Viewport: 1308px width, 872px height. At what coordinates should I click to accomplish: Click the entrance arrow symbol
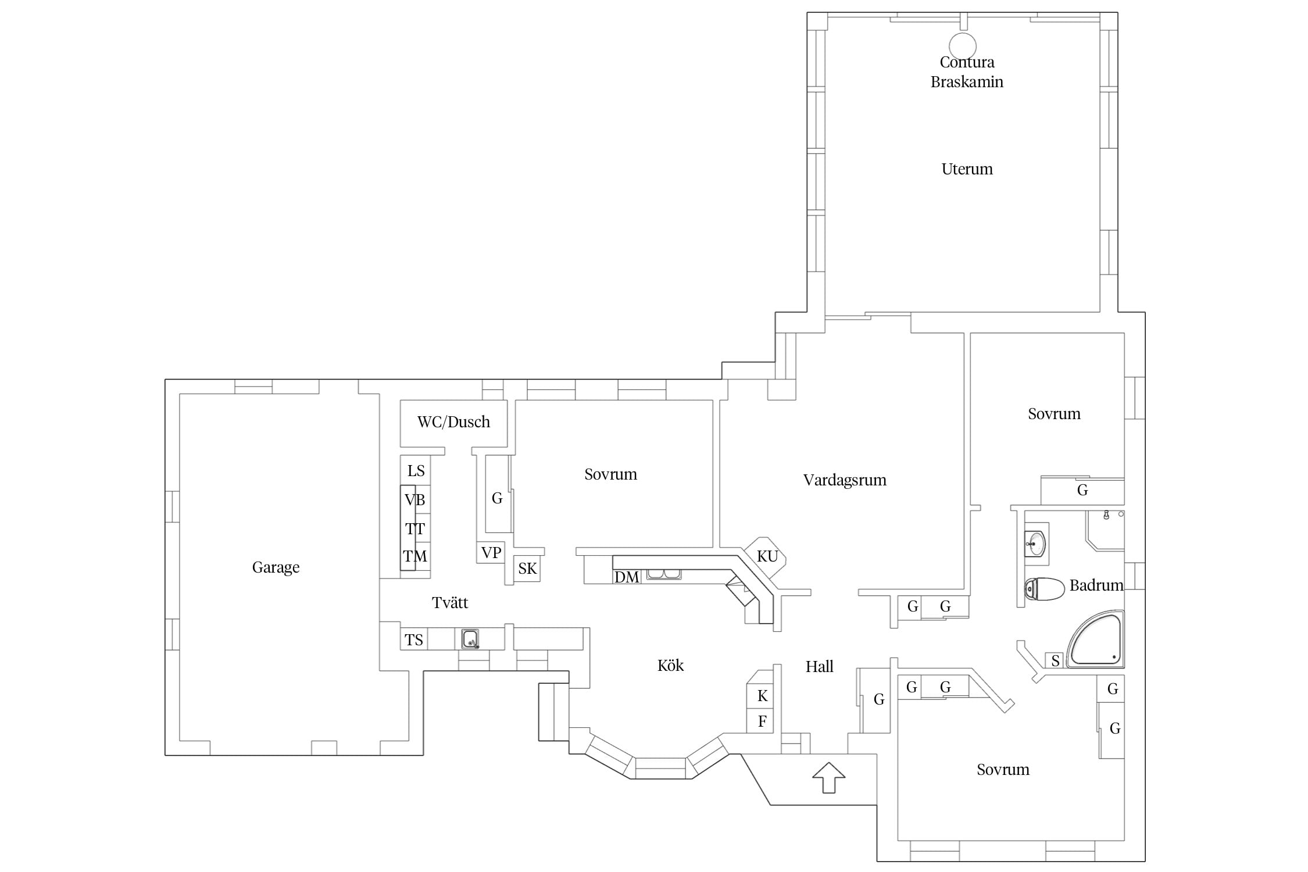828,777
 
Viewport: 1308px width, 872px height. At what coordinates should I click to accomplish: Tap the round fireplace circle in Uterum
963,45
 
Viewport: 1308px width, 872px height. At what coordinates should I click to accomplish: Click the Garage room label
276,567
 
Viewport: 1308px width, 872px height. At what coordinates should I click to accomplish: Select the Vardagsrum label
845,480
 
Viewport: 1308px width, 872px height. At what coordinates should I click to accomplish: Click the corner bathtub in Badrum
1096,639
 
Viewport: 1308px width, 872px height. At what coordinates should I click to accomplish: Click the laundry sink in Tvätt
470,639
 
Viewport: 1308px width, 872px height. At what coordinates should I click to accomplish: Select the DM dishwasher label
627,577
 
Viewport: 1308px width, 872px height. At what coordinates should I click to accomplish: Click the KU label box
767,556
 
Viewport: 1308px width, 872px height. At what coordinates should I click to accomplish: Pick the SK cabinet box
527,569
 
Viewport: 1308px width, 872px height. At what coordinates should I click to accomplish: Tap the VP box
491,552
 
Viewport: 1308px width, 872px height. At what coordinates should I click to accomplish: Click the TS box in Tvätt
414,640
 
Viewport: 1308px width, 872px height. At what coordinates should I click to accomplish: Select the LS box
416,471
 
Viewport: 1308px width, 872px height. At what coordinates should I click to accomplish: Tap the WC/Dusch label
453,422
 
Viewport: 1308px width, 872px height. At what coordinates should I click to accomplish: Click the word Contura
967,62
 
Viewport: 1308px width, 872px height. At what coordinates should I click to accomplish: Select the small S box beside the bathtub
1055,660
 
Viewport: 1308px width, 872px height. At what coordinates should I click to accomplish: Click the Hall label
819,667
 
